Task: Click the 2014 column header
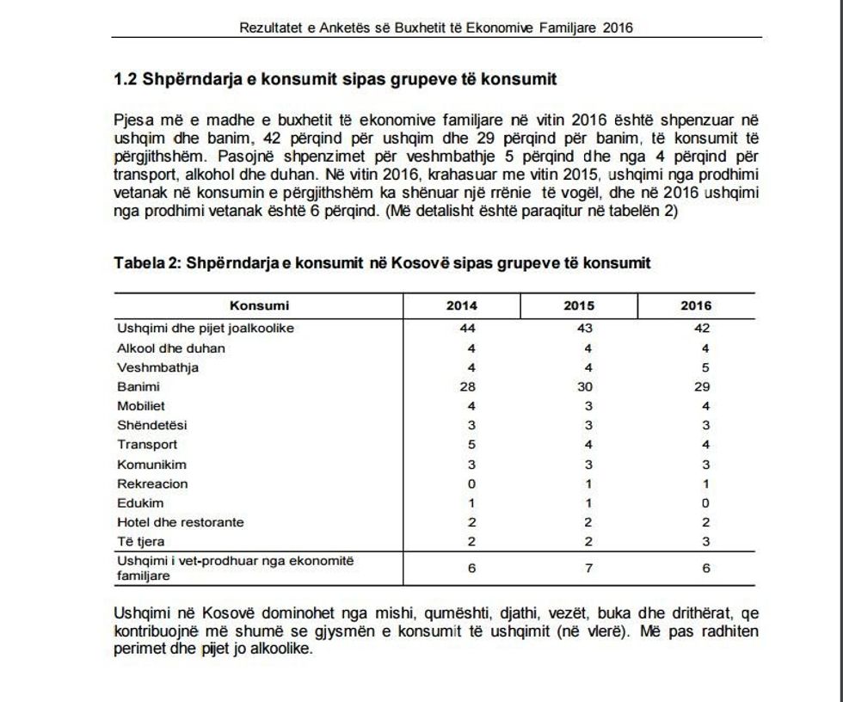point(461,305)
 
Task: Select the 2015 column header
point(578,305)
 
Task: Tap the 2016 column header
point(696,305)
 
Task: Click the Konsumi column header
point(259,305)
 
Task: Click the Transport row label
point(147,445)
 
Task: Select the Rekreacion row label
point(152,483)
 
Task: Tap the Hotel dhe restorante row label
point(180,522)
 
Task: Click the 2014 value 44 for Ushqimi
point(468,329)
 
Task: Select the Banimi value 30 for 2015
point(585,387)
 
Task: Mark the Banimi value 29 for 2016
point(703,387)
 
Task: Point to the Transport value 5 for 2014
point(471,445)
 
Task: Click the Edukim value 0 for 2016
point(706,503)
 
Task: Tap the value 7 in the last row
point(588,568)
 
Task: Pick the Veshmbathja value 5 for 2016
point(706,367)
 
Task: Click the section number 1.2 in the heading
point(126,79)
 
